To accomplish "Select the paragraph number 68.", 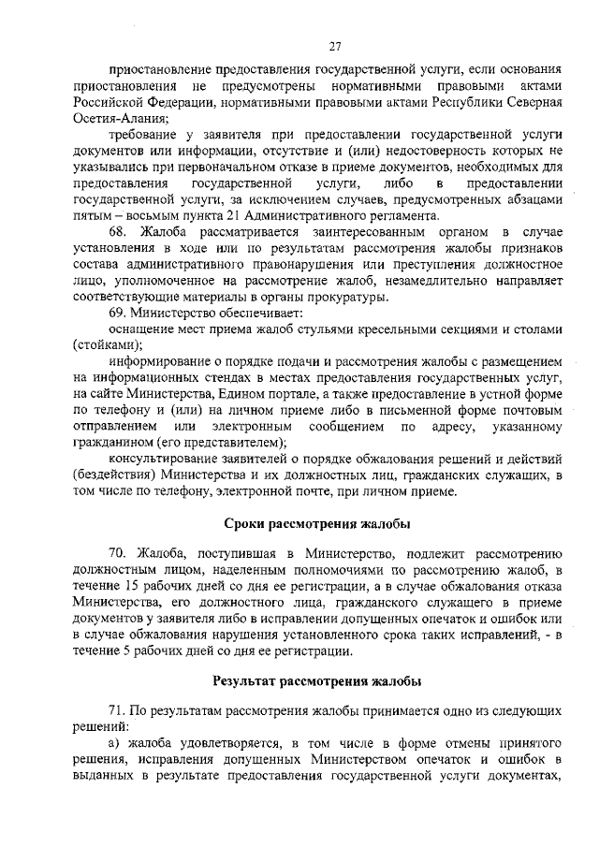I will click(x=120, y=231).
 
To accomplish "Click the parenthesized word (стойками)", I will click(x=105, y=344).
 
